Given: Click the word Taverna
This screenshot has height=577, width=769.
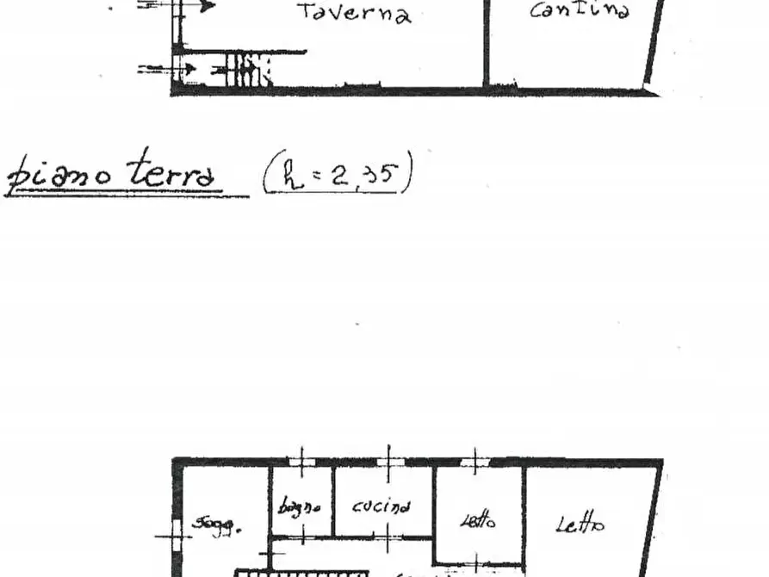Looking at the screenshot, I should point(354,13).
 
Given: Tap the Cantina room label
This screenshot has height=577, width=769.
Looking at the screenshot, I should point(579,10).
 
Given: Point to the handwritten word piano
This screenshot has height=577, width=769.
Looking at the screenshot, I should point(59,177).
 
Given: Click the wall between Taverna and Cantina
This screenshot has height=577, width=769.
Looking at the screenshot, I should point(486,43).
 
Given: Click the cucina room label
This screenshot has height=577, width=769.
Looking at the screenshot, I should point(381,506).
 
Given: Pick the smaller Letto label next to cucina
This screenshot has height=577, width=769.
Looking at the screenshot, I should point(478,520).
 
